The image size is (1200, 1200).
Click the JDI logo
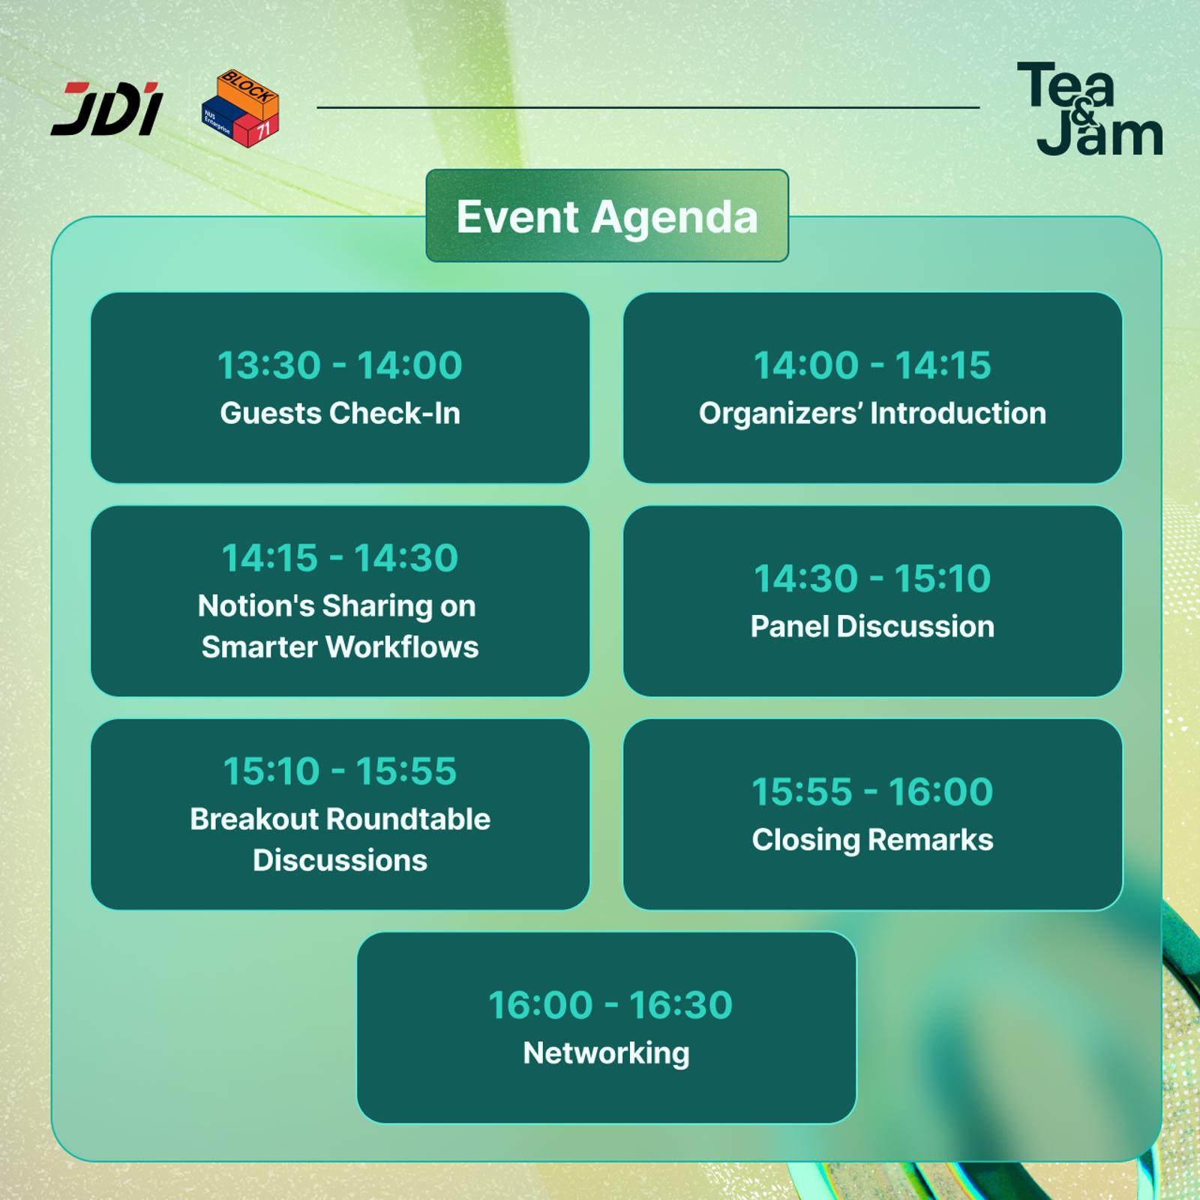[x=107, y=109]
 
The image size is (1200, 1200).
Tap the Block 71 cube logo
[x=240, y=108]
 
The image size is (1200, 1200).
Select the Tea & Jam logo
[x=1090, y=109]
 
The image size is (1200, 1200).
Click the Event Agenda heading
[x=607, y=217]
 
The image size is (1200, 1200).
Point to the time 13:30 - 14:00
[x=340, y=365]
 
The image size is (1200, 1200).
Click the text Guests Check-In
[x=340, y=413]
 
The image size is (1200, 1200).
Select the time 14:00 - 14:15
[x=872, y=365]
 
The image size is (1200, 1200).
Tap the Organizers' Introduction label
[x=872, y=413]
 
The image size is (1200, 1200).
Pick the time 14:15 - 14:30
[x=340, y=558]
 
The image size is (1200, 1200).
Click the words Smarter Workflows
[x=340, y=647]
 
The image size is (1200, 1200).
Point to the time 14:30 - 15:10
[x=872, y=578]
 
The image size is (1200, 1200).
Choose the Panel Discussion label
[x=872, y=626]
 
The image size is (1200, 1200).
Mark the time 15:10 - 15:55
[x=340, y=771]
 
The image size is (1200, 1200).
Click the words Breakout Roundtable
[x=340, y=819]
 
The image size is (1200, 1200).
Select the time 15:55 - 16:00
[x=872, y=791]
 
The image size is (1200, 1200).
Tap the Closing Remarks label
[x=872, y=840]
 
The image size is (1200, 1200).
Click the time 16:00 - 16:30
[x=610, y=1005]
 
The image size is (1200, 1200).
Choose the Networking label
[x=606, y=1054]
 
